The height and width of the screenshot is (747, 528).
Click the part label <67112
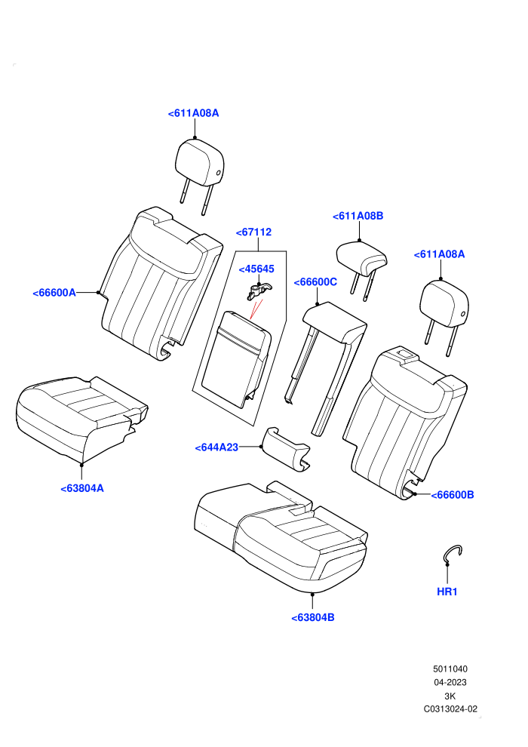tap(253, 232)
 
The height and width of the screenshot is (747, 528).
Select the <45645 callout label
tap(256, 269)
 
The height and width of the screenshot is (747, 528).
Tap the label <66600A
tap(54, 293)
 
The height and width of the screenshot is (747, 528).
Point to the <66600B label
tap(453, 494)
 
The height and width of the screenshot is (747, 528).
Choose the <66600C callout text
tap(315, 282)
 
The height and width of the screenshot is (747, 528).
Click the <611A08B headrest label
tap(358, 216)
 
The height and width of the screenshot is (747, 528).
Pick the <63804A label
tap(82, 488)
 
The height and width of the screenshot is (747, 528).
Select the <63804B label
tap(313, 617)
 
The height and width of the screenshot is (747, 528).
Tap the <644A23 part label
tap(216, 447)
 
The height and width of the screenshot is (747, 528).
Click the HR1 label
tap(447, 592)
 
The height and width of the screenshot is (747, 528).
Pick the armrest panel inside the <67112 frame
tap(237, 358)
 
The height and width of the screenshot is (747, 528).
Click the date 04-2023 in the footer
tap(450, 682)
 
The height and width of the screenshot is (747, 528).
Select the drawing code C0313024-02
tap(450, 709)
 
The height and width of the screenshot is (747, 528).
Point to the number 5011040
tap(450, 669)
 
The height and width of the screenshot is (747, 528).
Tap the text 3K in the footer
tap(450, 696)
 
